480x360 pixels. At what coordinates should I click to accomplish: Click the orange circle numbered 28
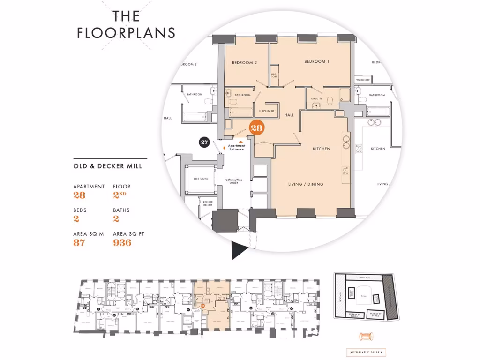257,127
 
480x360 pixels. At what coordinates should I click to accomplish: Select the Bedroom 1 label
317,61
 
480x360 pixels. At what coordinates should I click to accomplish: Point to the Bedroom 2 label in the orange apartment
244,63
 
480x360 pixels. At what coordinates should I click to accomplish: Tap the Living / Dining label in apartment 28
306,184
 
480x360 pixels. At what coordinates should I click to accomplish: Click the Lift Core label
201,179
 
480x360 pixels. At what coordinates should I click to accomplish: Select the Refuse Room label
207,204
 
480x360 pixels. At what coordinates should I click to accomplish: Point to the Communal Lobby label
233,181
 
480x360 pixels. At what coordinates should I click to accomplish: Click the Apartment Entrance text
237,147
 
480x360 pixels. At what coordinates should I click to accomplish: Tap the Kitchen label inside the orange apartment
322,149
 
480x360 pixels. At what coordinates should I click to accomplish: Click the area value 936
122,242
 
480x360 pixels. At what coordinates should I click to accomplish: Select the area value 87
79,242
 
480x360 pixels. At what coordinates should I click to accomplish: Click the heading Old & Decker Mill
107,166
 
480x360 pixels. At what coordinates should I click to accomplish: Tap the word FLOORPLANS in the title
126,33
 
